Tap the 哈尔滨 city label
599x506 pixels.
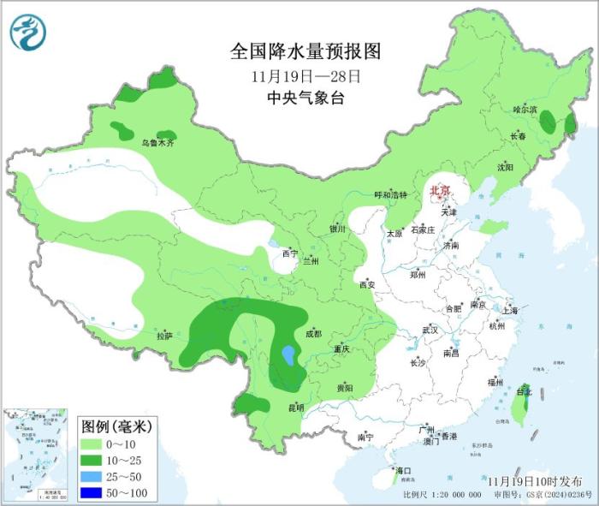[524, 110]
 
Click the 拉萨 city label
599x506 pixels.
[164, 335]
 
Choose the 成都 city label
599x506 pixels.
[315, 334]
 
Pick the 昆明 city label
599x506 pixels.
[295, 407]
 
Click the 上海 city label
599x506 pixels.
[511, 311]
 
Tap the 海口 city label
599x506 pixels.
[402, 471]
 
